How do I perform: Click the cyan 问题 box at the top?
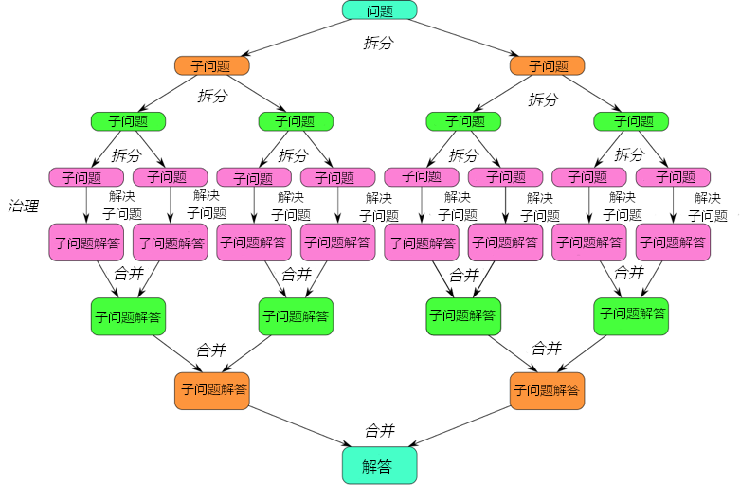coord(379,10)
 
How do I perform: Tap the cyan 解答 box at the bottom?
coord(379,465)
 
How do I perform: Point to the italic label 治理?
coord(24,207)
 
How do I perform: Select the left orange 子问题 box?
coord(212,65)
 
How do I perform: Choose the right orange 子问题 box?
coord(547,65)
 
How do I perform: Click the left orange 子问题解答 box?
coord(212,391)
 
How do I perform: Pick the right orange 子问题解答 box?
coord(547,391)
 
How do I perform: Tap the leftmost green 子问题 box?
coord(128,121)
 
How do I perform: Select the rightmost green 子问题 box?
coord(631,121)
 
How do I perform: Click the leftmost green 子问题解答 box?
coord(128,316)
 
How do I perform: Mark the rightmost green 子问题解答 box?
coord(631,316)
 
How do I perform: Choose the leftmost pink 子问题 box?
coord(86,177)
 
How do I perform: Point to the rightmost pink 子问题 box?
coord(673,177)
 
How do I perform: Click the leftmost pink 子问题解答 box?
coord(86,242)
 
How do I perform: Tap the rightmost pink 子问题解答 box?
coord(673,242)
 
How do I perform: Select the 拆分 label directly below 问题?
coord(378,43)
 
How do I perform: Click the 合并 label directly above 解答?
coord(380,430)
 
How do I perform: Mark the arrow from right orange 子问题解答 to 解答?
coord(460,426)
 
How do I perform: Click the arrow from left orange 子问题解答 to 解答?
coord(300,426)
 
